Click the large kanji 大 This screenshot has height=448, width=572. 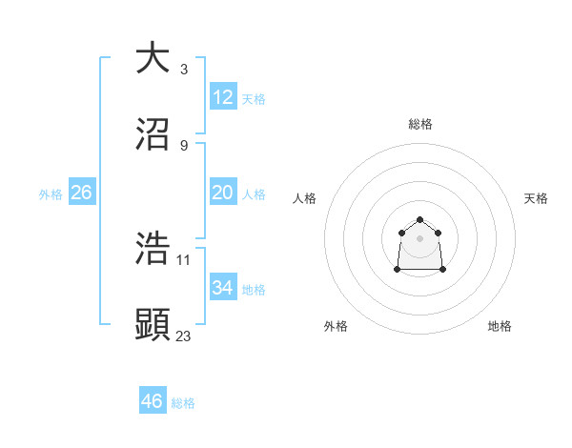[x=153, y=58]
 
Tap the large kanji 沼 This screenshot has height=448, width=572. [x=153, y=134]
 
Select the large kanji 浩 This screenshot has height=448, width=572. [x=153, y=250]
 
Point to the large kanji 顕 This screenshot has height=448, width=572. [x=153, y=325]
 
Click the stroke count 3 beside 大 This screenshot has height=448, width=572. [x=184, y=70]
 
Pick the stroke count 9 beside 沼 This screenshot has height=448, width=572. [x=184, y=146]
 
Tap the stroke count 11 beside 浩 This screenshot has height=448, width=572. [x=184, y=260]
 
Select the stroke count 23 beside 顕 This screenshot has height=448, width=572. [x=184, y=336]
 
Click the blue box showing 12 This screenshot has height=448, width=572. [x=223, y=97]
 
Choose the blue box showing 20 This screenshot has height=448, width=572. [x=223, y=193]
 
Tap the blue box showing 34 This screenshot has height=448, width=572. [x=223, y=288]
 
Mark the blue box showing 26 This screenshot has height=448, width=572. [x=82, y=193]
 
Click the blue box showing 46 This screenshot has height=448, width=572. [x=153, y=401]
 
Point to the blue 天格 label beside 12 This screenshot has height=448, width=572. [x=254, y=99]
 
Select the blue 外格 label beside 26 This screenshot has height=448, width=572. [x=51, y=194]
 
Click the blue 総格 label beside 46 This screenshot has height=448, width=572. [x=183, y=403]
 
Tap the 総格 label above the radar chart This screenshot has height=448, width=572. [x=420, y=124]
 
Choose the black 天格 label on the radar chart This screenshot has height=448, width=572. [x=536, y=198]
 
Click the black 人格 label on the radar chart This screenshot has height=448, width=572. [x=305, y=198]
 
